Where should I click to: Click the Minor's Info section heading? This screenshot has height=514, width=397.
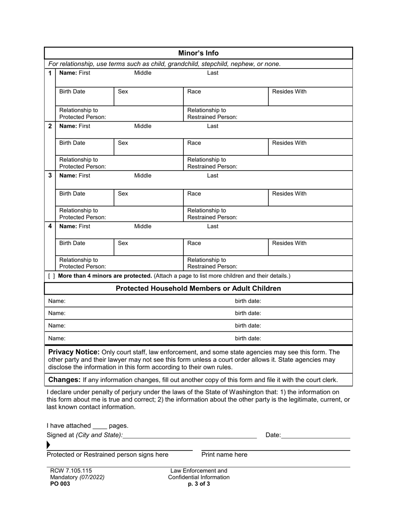pos(198,53)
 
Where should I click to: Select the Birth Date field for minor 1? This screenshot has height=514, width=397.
pos(84,97)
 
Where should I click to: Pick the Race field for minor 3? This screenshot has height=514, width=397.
pos(225,198)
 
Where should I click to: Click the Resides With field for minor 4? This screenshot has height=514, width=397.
pos(310,247)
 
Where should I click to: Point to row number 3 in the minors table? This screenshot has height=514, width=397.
pos(50,176)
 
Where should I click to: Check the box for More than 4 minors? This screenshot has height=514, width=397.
pos(51,276)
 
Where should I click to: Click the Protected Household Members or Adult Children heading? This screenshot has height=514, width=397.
pos(198,289)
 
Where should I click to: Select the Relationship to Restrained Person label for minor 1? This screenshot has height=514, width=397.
pos(212,114)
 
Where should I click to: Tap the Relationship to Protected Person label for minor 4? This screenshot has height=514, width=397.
pos(82,263)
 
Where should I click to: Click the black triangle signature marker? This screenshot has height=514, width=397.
pos(49,445)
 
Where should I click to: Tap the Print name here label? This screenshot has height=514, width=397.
pos(224,455)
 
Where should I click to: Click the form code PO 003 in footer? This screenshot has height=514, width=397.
pos(60,484)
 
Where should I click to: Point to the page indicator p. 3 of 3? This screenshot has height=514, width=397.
pos(199,484)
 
